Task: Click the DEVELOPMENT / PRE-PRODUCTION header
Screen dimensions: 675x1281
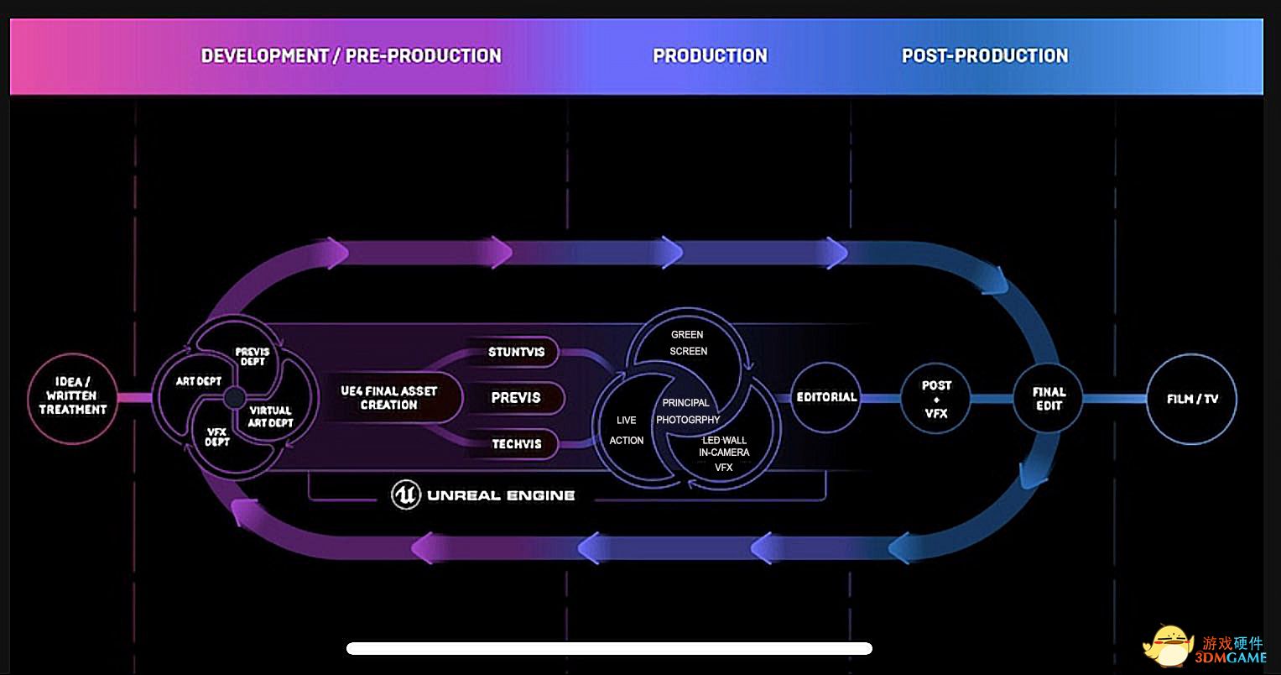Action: tap(351, 56)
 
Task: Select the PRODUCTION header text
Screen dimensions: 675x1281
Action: tap(710, 56)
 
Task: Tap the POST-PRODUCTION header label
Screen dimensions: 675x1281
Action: tap(985, 56)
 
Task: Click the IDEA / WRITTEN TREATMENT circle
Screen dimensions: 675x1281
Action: tap(72, 397)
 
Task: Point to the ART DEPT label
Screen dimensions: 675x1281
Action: tap(199, 381)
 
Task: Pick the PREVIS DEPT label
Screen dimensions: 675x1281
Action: tap(253, 357)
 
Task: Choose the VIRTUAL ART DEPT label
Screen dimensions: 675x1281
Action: tap(270, 416)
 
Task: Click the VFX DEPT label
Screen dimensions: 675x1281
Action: tap(217, 437)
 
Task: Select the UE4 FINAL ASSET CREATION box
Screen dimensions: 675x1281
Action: tap(388, 398)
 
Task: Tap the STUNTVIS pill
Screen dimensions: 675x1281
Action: tap(517, 353)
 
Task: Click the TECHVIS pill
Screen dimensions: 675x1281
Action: tap(517, 444)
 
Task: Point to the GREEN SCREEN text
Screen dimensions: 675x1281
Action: tap(688, 343)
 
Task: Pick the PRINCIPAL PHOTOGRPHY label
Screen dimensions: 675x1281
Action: tap(687, 411)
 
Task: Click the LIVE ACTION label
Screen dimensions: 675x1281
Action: tap(626, 430)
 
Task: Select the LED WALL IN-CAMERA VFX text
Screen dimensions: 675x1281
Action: tap(723, 453)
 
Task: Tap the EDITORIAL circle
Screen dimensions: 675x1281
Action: tap(826, 397)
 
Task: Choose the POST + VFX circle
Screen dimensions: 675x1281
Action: tap(935, 399)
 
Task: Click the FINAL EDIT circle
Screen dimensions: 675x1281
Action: tap(1049, 398)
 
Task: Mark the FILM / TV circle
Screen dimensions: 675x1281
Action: tap(1191, 399)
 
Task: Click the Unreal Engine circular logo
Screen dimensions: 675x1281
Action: tap(406, 494)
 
